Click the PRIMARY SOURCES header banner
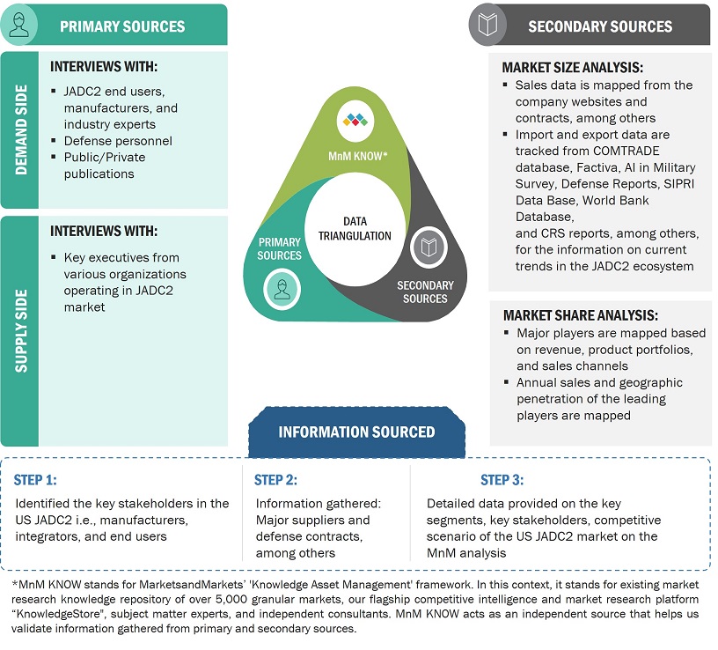122,26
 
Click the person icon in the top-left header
19,25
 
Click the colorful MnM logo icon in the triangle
356,119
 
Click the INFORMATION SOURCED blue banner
356,432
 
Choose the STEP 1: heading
35,480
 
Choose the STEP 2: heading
275,480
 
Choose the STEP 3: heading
502,480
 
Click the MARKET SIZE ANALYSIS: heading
572,68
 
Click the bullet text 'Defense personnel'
118,141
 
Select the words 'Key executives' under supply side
97,258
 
